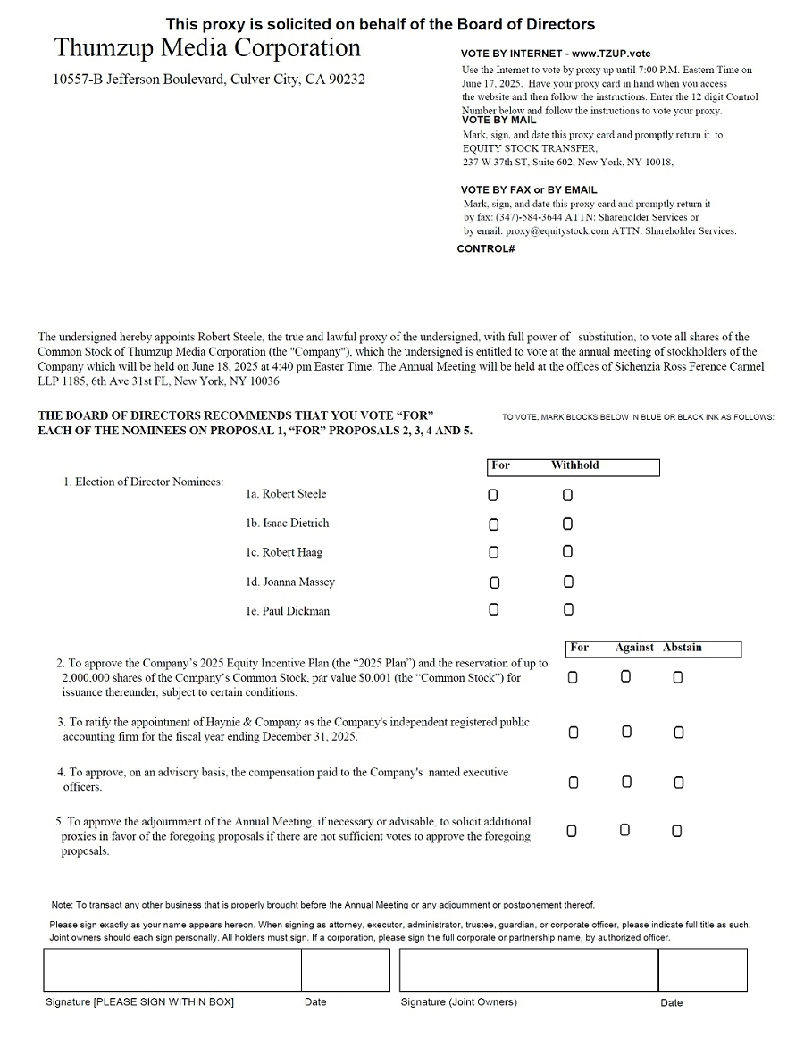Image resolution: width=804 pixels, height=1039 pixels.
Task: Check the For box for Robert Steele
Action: pos(494,495)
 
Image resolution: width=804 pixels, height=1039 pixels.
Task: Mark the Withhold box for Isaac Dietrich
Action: pos(567,524)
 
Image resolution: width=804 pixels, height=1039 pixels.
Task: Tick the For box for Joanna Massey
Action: pos(495,582)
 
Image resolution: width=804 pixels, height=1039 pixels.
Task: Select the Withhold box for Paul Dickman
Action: pos(568,610)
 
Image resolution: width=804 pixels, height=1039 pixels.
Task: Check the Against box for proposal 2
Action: pos(625,677)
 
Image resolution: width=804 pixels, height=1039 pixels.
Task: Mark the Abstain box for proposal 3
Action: pos(679,733)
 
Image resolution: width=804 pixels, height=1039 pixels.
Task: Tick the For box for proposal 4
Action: pos(574,783)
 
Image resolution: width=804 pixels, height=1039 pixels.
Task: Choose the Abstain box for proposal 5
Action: pos(677,831)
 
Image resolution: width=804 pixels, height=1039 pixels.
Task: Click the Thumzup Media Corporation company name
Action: pos(207,48)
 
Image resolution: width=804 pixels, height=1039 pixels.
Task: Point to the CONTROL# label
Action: pos(486,248)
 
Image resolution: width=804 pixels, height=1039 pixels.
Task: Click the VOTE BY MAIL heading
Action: pos(498,120)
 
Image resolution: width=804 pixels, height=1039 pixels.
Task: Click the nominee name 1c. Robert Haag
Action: pos(284,553)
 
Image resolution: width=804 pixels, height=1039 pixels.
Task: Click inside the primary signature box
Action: pos(172,969)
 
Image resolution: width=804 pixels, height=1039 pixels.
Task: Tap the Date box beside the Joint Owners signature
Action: pos(702,969)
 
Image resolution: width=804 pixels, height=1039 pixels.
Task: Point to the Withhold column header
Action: pos(574,465)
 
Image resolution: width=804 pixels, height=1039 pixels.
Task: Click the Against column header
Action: pos(634,648)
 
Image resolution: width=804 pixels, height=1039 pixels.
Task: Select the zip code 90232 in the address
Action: pos(347,80)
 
